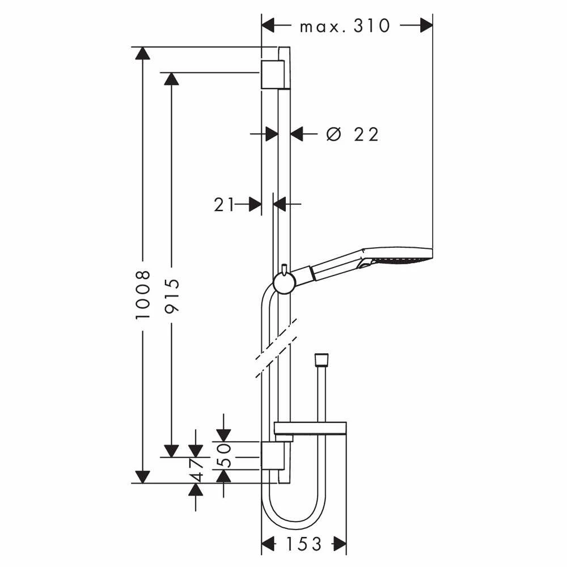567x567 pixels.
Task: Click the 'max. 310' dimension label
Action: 345,26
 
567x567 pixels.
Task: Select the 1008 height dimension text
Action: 143,295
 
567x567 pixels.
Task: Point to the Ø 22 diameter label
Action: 352,134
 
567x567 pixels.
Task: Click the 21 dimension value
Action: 224,205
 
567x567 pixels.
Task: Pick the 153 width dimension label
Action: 304,544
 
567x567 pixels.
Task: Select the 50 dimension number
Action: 224,456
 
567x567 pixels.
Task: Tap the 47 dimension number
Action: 196,471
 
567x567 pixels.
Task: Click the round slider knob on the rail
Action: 284,282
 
